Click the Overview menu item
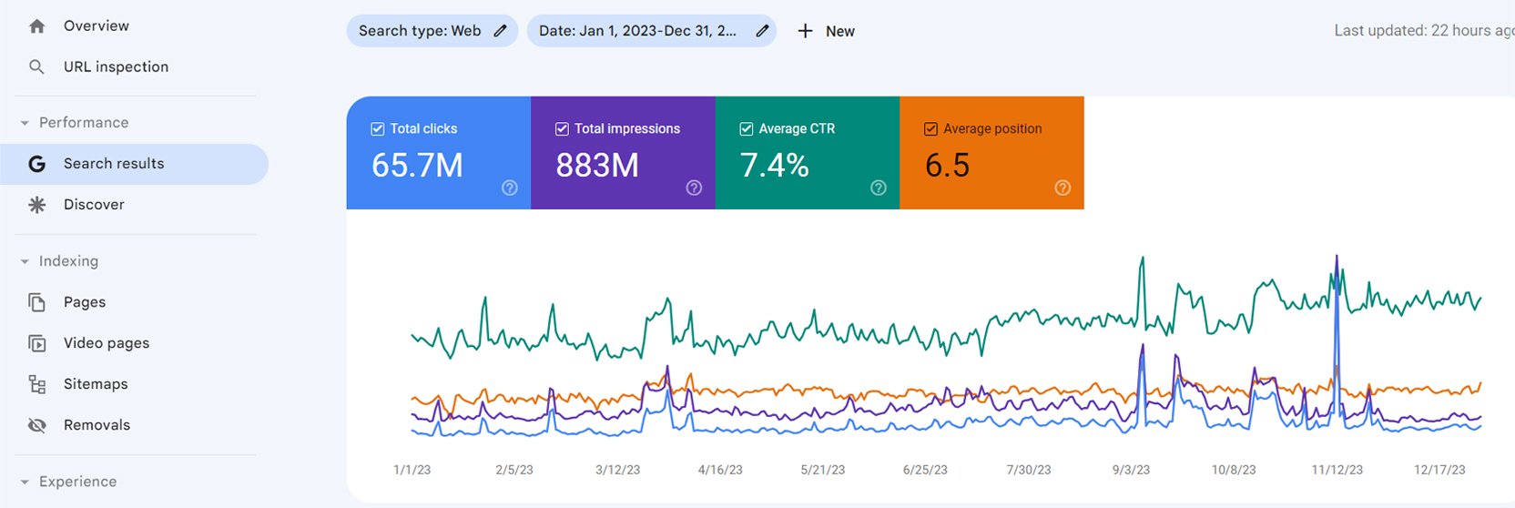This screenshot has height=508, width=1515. click(96, 26)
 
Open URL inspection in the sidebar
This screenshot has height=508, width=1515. click(116, 67)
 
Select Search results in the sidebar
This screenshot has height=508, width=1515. click(114, 164)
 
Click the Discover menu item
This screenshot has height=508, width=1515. click(94, 205)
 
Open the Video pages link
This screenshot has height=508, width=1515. click(106, 343)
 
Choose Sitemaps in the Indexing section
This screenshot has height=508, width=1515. click(95, 384)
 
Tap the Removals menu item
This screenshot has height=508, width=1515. click(97, 425)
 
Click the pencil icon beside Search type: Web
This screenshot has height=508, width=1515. click(500, 31)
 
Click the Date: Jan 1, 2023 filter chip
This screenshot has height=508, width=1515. click(637, 31)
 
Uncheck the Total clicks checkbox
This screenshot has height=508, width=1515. click(378, 129)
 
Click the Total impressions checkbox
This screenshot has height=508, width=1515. click(562, 129)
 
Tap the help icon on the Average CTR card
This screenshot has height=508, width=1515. click(878, 188)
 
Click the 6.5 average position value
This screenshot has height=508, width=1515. click(947, 166)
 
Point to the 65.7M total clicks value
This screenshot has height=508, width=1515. click(417, 166)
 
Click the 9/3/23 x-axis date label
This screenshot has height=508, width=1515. click(1131, 470)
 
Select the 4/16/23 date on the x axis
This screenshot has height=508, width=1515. click(720, 470)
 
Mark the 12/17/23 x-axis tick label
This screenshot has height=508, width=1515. click(1439, 470)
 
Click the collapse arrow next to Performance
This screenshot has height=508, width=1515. click(25, 123)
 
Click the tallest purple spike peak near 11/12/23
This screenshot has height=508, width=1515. click(1337, 258)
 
